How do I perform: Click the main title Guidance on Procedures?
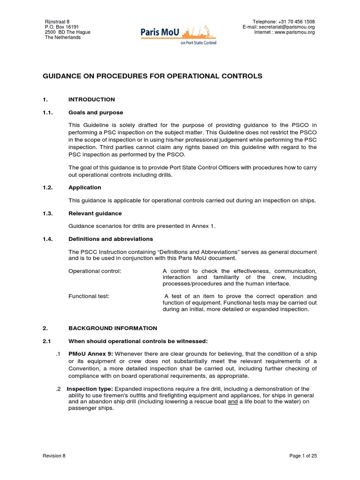pyautogui.click(x=153, y=76)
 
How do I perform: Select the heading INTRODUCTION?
pyautogui.click(x=91, y=99)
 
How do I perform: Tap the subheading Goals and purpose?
pyautogui.click(x=96, y=112)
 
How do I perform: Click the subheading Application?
pyautogui.click(x=85, y=187)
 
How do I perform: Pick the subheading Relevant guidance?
pyautogui.click(x=95, y=213)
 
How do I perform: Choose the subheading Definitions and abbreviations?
pyautogui.click(x=111, y=239)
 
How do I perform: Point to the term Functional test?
pyautogui.click(x=89, y=296)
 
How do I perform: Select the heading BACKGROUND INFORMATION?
pyautogui.click(x=112, y=328)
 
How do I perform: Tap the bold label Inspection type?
pyautogui.click(x=90, y=389)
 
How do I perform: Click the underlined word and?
pyautogui.click(x=232, y=402)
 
